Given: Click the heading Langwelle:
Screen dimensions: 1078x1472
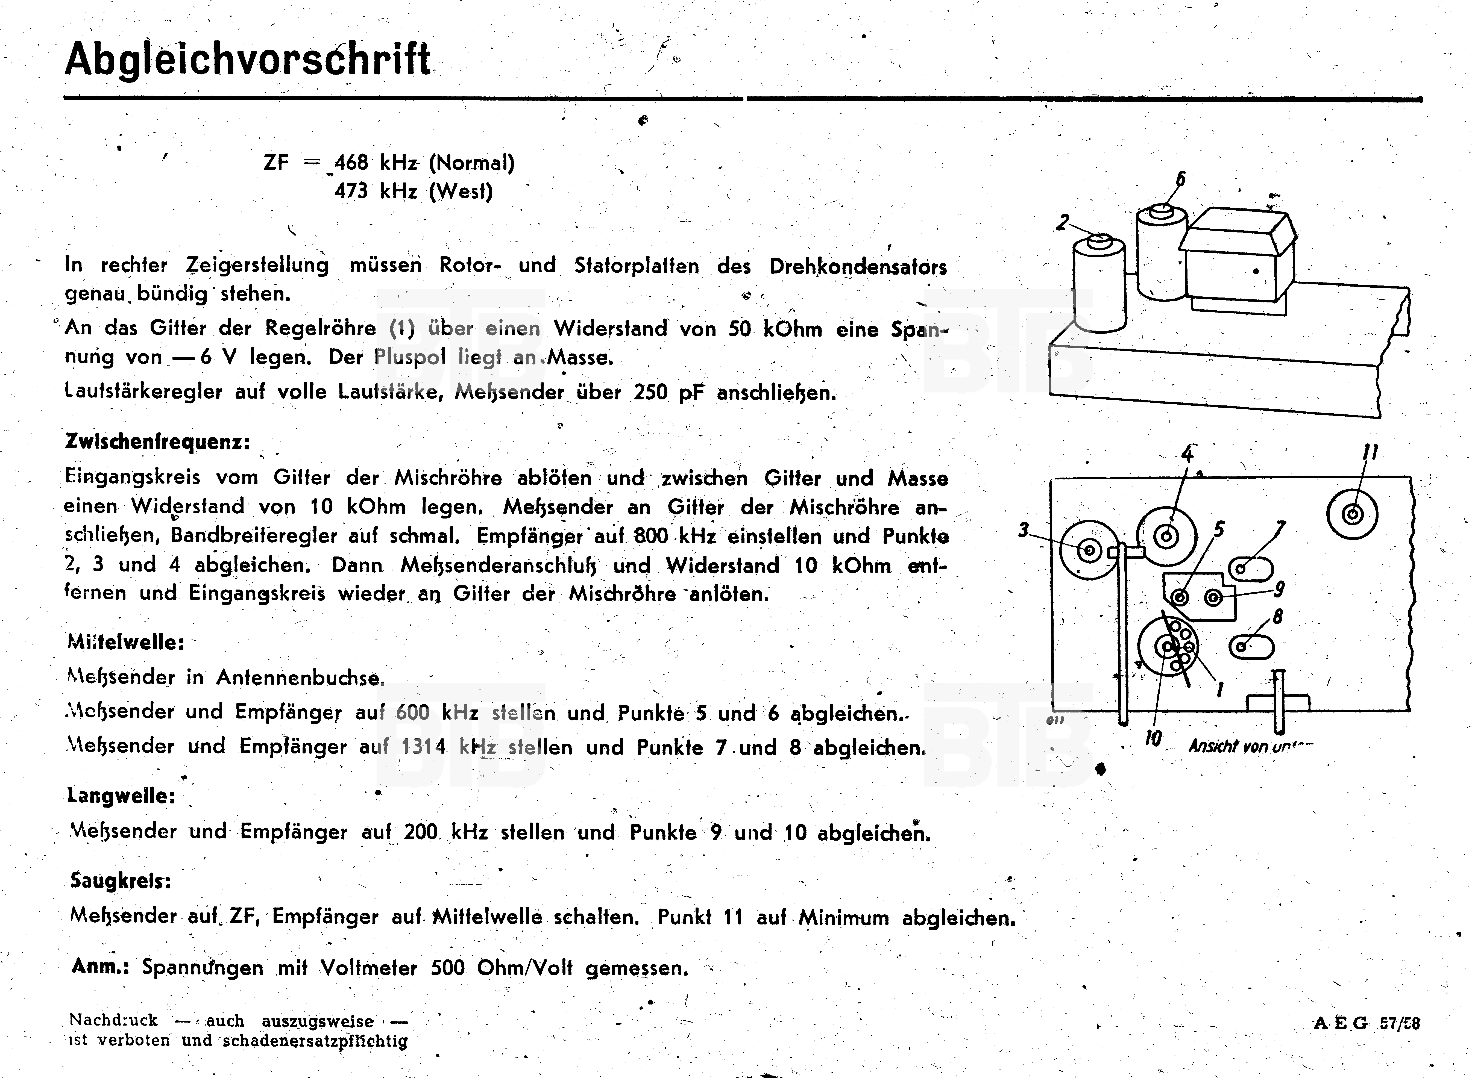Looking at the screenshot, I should click(121, 796).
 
